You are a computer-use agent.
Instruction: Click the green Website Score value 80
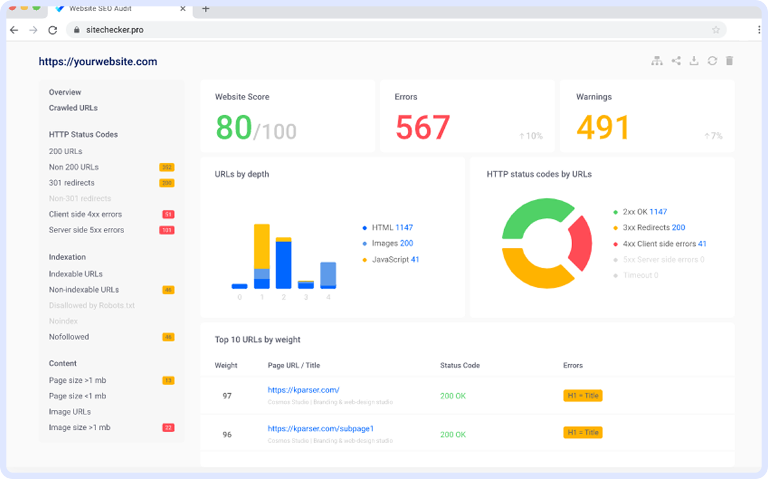click(234, 127)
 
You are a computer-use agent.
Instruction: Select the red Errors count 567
click(422, 127)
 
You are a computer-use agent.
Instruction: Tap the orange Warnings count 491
click(603, 127)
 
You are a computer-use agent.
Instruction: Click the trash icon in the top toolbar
click(729, 61)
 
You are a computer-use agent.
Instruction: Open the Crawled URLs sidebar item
click(74, 108)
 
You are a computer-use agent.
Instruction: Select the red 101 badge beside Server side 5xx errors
click(167, 231)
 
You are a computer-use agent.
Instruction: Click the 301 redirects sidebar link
click(71, 183)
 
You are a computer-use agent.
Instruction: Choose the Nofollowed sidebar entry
click(69, 337)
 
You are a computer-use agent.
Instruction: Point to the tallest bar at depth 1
click(261, 256)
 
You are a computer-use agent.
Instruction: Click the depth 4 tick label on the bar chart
click(328, 297)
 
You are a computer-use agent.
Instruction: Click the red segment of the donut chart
click(578, 243)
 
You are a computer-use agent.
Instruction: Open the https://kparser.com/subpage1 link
click(321, 428)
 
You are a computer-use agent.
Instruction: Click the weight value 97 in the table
click(227, 396)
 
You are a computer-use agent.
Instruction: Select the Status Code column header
click(460, 366)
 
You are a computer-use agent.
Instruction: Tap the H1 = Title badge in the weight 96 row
click(582, 432)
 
